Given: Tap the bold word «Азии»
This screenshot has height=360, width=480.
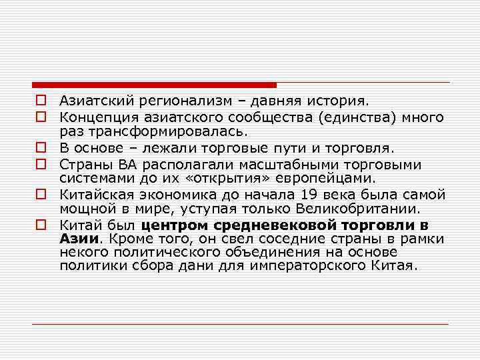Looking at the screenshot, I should coord(78,238).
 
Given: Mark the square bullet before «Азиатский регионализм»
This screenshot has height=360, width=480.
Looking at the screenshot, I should coord(41,102).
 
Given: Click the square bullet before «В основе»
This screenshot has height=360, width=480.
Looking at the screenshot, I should coord(41,148).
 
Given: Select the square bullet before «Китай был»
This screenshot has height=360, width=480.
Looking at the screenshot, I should coord(41,224).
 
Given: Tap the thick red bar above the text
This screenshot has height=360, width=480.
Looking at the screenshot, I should coord(153,85).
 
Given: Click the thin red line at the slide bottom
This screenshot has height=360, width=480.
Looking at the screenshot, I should coord(240,324).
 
